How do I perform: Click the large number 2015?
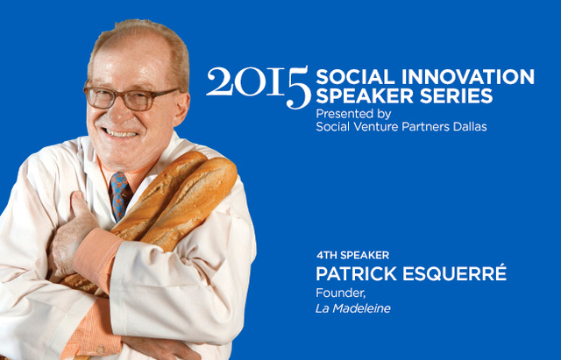pos(259,87)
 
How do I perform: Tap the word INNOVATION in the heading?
pos(468,76)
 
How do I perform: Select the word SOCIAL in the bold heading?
pos(356,76)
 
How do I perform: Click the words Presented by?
pos(353,115)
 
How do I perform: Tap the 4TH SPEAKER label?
pos(352,255)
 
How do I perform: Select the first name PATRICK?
pos(357,274)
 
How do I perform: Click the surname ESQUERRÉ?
pos(454,272)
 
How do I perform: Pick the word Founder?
pos(341,293)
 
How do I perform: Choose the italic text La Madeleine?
pos(353,308)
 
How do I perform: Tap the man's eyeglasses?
pos(131,97)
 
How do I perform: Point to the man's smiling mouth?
pos(120,134)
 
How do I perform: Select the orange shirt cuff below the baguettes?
pos(96,257)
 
